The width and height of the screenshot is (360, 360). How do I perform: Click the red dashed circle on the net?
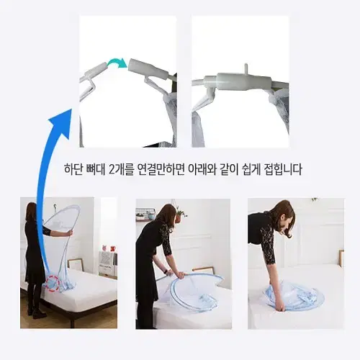click(x=53, y=284)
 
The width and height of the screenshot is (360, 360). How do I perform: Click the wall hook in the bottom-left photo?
click(x=55, y=207)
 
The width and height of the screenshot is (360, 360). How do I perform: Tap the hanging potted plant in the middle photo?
click(x=179, y=216)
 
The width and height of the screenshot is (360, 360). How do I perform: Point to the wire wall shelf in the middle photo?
click(x=145, y=215)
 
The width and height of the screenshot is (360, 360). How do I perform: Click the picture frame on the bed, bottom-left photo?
click(x=75, y=264)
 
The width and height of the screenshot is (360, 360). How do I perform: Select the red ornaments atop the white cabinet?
click(x=109, y=248)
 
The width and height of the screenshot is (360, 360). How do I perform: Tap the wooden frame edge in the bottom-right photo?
click(x=341, y=258)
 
